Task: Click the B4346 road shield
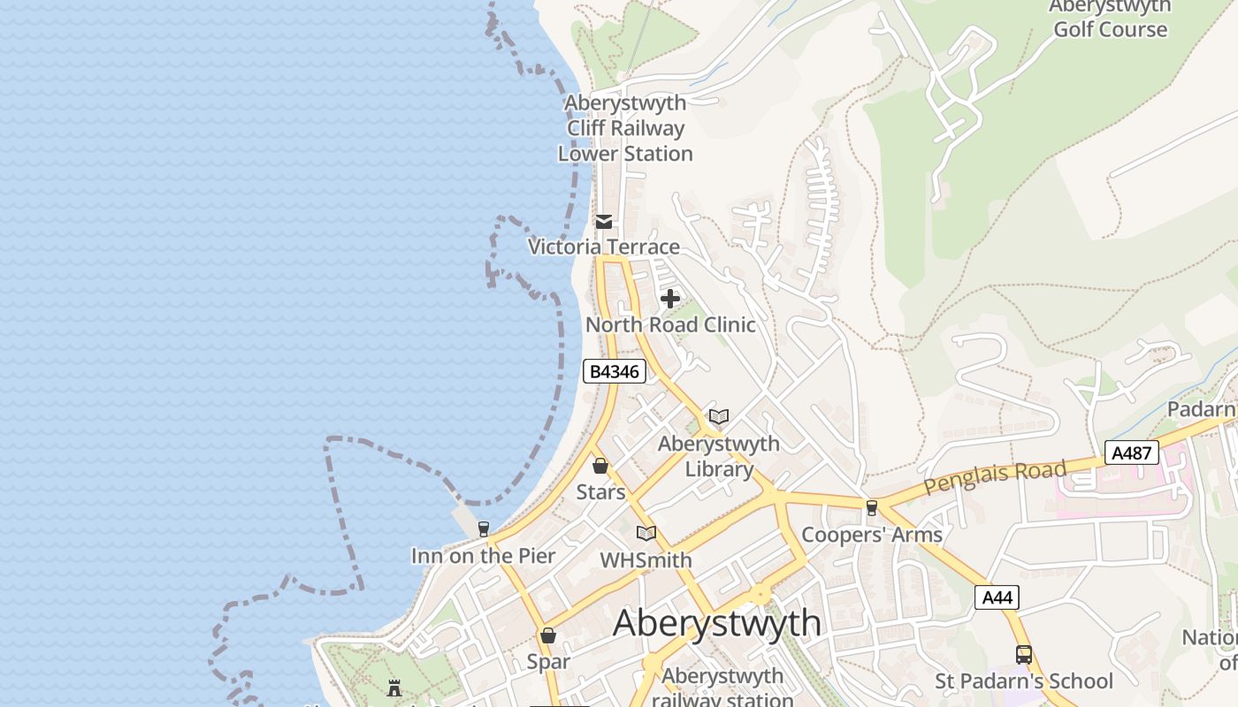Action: tap(614, 371)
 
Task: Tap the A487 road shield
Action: tap(1131, 453)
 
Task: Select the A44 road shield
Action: tap(997, 597)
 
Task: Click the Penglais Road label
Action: tap(995, 477)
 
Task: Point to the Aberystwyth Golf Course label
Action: tap(1110, 19)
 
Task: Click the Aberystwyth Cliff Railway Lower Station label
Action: tap(625, 128)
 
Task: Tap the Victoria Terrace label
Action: tap(604, 247)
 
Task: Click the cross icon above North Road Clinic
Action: tap(670, 299)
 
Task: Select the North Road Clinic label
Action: tap(670, 324)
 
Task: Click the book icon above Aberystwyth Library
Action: tap(719, 416)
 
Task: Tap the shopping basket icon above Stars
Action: tap(600, 466)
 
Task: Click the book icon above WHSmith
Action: tap(646, 533)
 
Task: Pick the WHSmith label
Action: tap(646, 560)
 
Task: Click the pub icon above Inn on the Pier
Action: tap(483, 529)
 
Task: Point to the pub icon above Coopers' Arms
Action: tap(872, 507)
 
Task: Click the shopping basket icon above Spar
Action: tap(548, 635)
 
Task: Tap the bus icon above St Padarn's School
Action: tap(1024, 655)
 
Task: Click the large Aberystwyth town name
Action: tap(717, 622)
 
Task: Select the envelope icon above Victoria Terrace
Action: tap(604, 222)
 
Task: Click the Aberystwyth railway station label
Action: tap(722, 688)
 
